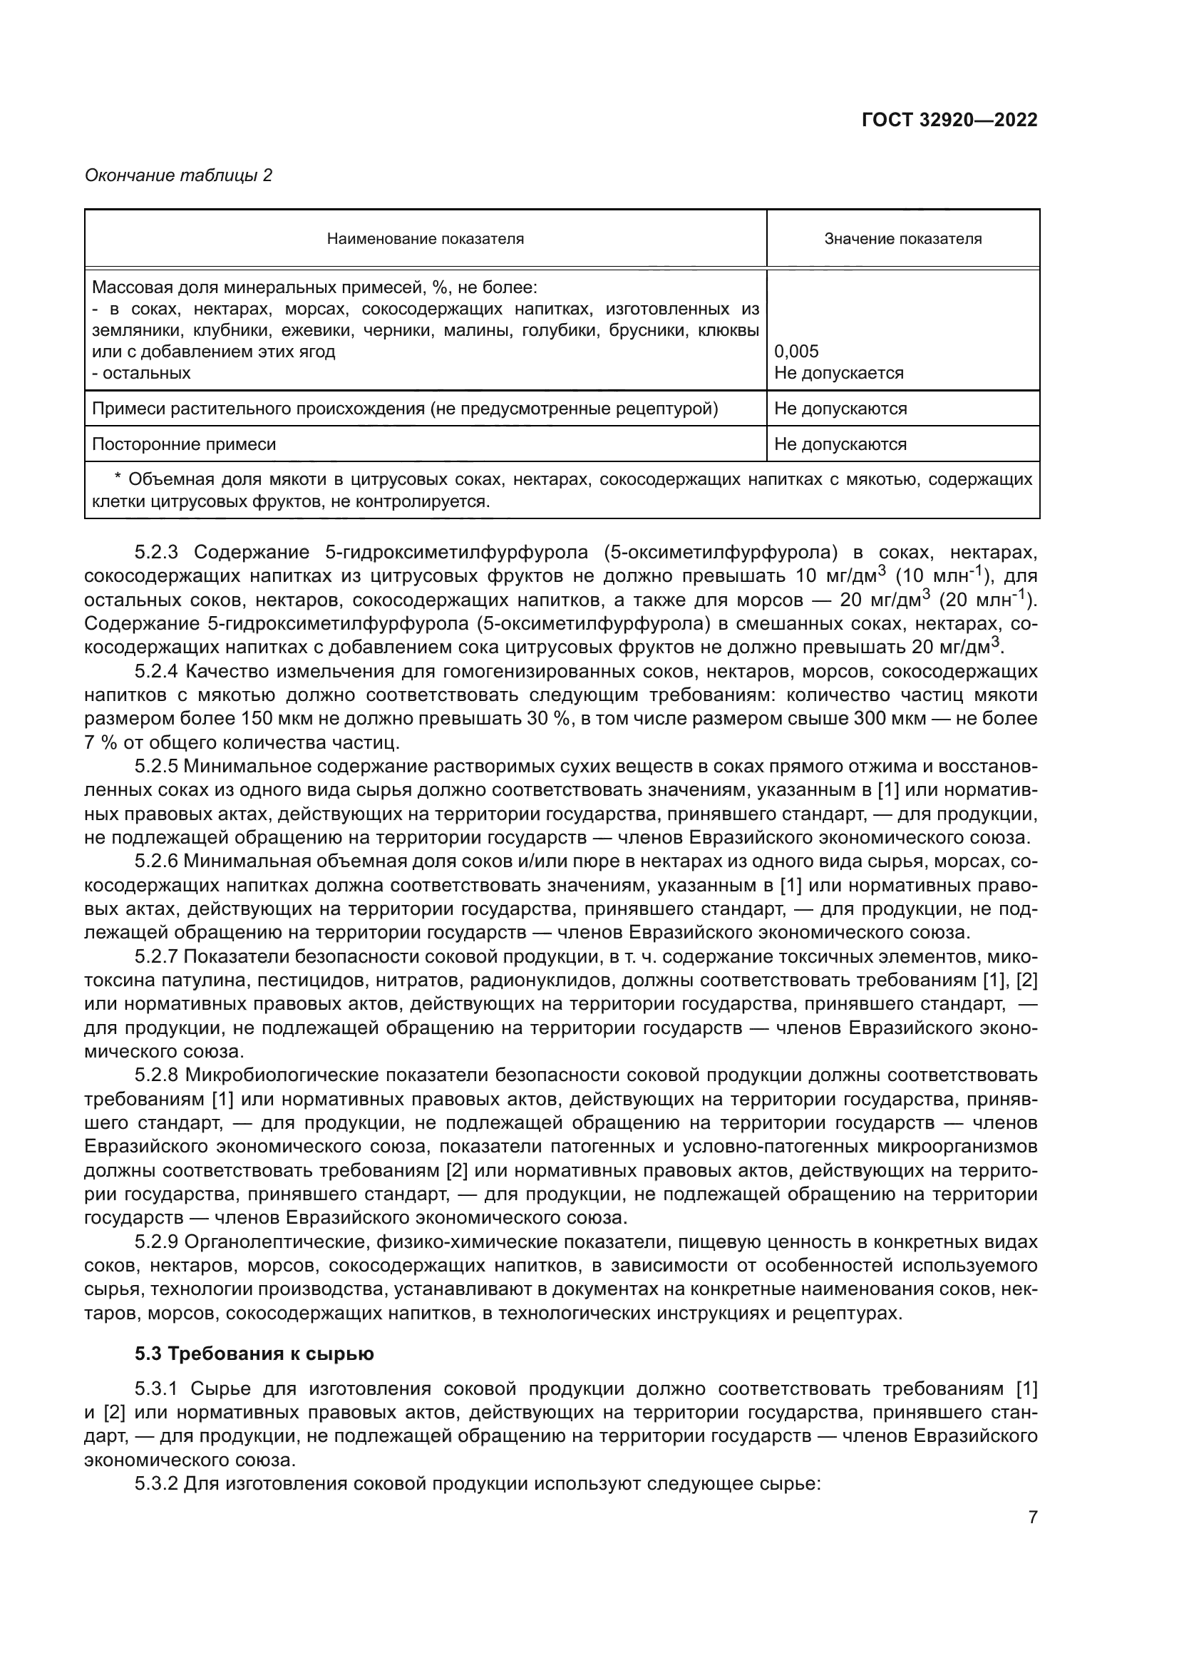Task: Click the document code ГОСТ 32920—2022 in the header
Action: coord(949,120)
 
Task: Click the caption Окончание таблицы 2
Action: coord(179,175)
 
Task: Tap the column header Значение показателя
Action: coord(902,239)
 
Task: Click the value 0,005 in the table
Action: coord(796,352)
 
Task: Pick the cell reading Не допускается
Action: coord(838,374)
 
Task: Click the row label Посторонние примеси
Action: coord(184,444)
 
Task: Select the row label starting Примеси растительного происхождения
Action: coord(404,409)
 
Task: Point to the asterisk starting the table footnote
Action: coord(118,479)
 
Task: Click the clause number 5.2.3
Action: coord(156,553)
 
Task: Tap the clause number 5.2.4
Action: coord(156,671)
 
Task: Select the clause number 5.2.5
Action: coord(156,767)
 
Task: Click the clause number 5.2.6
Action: coord(156,861)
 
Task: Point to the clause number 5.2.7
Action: coord(156,957)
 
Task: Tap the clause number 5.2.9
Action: coord(156,1242)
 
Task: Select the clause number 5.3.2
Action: coord(156,1484)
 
